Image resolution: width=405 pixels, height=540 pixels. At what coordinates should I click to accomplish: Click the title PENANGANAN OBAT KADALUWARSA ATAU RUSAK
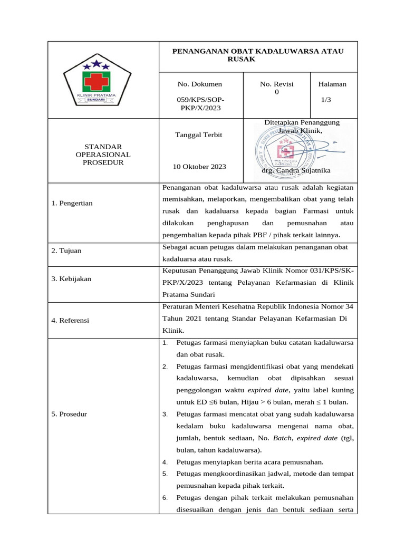[x=258, y=55]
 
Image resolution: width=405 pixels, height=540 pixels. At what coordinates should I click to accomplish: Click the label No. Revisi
[x=277, y=84]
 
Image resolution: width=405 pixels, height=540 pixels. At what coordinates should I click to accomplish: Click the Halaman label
[x=332, y=84]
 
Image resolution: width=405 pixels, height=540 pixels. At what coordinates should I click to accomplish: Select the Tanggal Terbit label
[x=198, y=135]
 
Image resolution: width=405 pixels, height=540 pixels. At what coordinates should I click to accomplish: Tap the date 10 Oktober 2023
[x=199, y=167]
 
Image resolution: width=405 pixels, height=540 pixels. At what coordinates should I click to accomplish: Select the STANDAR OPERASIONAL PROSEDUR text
[x=103, y=154]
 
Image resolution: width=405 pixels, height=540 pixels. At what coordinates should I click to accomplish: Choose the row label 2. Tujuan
[x=66, y=250]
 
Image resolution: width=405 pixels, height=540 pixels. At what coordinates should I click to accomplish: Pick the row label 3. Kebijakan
[x=71, y=278]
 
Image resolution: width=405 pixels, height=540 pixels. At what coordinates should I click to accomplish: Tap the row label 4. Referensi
[x=71, y=320]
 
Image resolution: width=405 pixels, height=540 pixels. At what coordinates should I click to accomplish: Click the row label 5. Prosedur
[x=69, y=414]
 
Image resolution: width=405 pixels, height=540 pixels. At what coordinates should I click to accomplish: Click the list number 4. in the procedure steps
[x=165, y=462]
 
